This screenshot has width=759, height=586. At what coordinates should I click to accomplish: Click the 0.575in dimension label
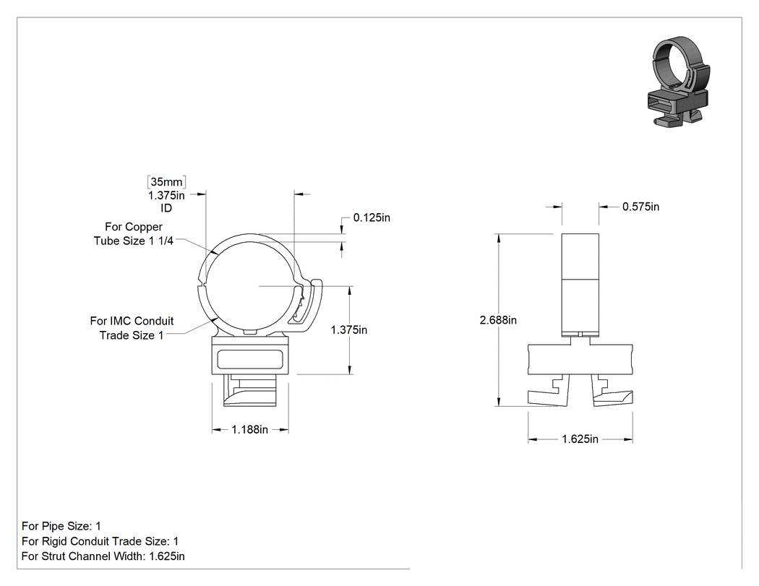click(640, 207)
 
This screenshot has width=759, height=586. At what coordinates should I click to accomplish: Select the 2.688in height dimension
click(498, 320)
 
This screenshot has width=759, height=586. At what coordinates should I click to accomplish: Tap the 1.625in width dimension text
click(580, 439)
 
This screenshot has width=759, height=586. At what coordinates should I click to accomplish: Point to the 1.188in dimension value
click(250, 429)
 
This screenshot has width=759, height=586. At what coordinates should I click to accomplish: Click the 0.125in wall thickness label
click(372, 217)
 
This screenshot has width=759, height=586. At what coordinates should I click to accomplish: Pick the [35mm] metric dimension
click(166, 182)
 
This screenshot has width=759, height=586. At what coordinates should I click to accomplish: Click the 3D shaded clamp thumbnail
click(679, 82)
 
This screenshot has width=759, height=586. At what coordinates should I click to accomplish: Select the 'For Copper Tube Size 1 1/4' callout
click(134, 233)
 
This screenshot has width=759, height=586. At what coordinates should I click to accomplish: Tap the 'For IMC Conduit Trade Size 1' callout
click(132, 328)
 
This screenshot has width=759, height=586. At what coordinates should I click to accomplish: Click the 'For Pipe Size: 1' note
click(61, 526)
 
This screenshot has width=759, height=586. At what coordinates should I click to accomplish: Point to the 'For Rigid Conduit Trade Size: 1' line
click(100, 541)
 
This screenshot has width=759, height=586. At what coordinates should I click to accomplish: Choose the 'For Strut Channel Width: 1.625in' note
click(103, 556)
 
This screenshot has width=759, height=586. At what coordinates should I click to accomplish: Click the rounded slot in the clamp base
click(250, 359)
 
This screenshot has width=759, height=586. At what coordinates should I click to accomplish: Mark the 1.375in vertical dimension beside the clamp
click(348, 329)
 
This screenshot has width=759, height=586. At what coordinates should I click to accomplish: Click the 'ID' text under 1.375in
click(166, 208)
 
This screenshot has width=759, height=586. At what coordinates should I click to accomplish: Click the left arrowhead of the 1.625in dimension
click(533, 439)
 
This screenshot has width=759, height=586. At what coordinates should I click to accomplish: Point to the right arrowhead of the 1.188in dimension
click(284, 429)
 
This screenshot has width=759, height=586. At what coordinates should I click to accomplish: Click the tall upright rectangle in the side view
click(580, 285)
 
